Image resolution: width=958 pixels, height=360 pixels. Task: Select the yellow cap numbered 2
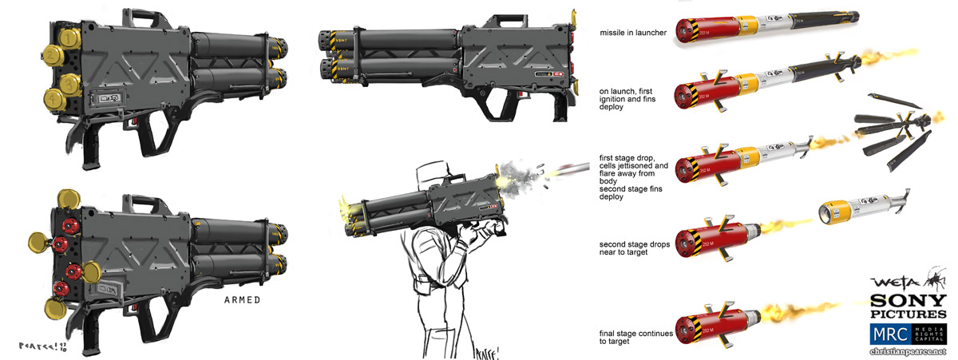pyautogui.click(x=52, y=56)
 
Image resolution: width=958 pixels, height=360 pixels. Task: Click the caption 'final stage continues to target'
pyautogui.click(x=636, y=337)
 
